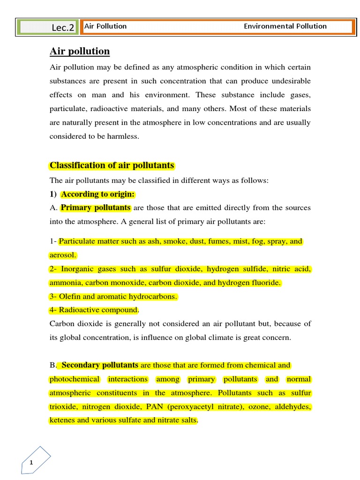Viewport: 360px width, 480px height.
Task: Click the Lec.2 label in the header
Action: tap(63, 28)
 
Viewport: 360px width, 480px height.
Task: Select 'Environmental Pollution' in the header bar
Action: tap(285, 26)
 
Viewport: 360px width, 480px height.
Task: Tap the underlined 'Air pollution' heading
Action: tap(80, 52)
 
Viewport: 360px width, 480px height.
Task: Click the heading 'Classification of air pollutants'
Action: tap(112, 165)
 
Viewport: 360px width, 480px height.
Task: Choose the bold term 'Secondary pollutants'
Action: tap(100, 365)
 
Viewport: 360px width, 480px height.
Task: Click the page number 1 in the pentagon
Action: tap(31, 463)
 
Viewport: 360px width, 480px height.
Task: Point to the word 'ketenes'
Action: tap(62, 420)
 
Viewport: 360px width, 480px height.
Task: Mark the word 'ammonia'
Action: tap(64, 283)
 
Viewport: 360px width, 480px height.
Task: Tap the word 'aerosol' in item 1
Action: tap(62, 255)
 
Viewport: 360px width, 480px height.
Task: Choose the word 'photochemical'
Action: tap(75, 379)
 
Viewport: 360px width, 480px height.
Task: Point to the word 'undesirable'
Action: tap(289, 81)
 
